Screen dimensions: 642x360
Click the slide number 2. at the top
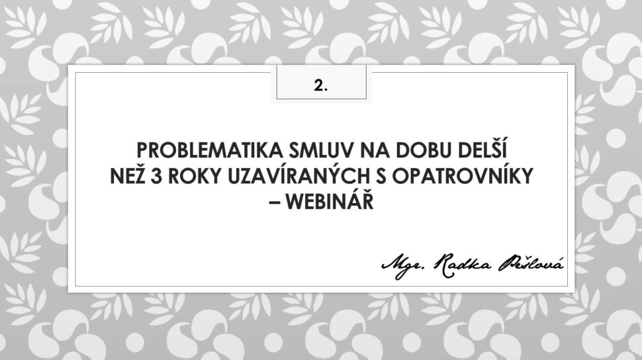pyautogui.click(x=321, y=85)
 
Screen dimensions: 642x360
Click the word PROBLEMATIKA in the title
pyautogui.click(x=210, y=150)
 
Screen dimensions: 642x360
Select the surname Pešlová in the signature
pyautogui.click(x=531, y=264)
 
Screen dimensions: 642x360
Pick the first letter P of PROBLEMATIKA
pyautogui.click(x=142, y=150)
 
